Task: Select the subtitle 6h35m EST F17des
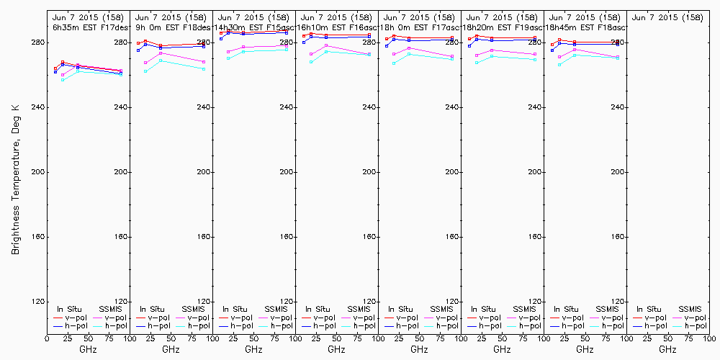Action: point(87,27)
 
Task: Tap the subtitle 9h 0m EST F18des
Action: point(171,27)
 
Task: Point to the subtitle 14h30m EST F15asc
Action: point(253,27)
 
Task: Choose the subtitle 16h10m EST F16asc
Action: point(336,27)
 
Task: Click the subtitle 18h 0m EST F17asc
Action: point(419,27)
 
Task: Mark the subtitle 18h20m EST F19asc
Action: point(502,27)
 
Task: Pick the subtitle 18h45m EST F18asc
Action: point(585,27)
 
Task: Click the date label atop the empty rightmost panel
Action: point(667,17)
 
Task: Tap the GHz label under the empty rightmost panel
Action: point(667,349)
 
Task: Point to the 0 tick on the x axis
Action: point(47,338)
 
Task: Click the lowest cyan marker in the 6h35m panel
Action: point(63,80)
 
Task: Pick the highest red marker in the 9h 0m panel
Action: point(145,41)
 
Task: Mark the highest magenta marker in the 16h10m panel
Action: point(326,45)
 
